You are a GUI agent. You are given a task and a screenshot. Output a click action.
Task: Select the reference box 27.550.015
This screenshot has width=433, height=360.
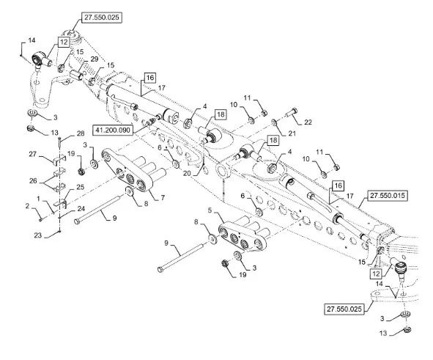387,196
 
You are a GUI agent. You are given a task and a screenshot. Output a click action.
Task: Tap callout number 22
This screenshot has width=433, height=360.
308,122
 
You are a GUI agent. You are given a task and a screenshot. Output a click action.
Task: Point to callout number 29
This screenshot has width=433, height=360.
95,59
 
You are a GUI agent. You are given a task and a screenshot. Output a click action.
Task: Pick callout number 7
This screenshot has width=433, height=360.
163,198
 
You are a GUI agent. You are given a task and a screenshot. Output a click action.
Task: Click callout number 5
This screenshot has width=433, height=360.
210,210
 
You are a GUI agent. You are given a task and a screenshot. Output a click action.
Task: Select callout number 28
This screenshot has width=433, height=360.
81,133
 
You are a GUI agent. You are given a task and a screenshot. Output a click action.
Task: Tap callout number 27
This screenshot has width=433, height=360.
32,154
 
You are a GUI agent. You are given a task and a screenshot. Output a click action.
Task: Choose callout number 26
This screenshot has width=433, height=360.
33,181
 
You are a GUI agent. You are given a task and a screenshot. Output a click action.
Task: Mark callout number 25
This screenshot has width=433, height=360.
80,187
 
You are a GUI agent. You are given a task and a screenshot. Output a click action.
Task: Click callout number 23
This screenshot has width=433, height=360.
38,235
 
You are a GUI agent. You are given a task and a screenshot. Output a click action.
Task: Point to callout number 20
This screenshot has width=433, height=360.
187,173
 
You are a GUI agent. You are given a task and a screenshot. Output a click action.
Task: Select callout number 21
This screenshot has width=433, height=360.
292,133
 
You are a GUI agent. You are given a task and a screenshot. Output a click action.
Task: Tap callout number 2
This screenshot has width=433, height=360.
27,206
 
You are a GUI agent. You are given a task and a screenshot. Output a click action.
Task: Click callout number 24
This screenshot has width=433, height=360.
81,209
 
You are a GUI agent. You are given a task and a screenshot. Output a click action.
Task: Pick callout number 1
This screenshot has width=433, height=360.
38,199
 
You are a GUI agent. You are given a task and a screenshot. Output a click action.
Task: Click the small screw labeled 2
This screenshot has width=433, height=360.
40,220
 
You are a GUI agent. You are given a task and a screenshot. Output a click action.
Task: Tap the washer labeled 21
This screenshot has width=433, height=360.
274,122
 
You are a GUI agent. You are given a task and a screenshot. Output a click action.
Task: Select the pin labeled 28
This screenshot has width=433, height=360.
59,142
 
